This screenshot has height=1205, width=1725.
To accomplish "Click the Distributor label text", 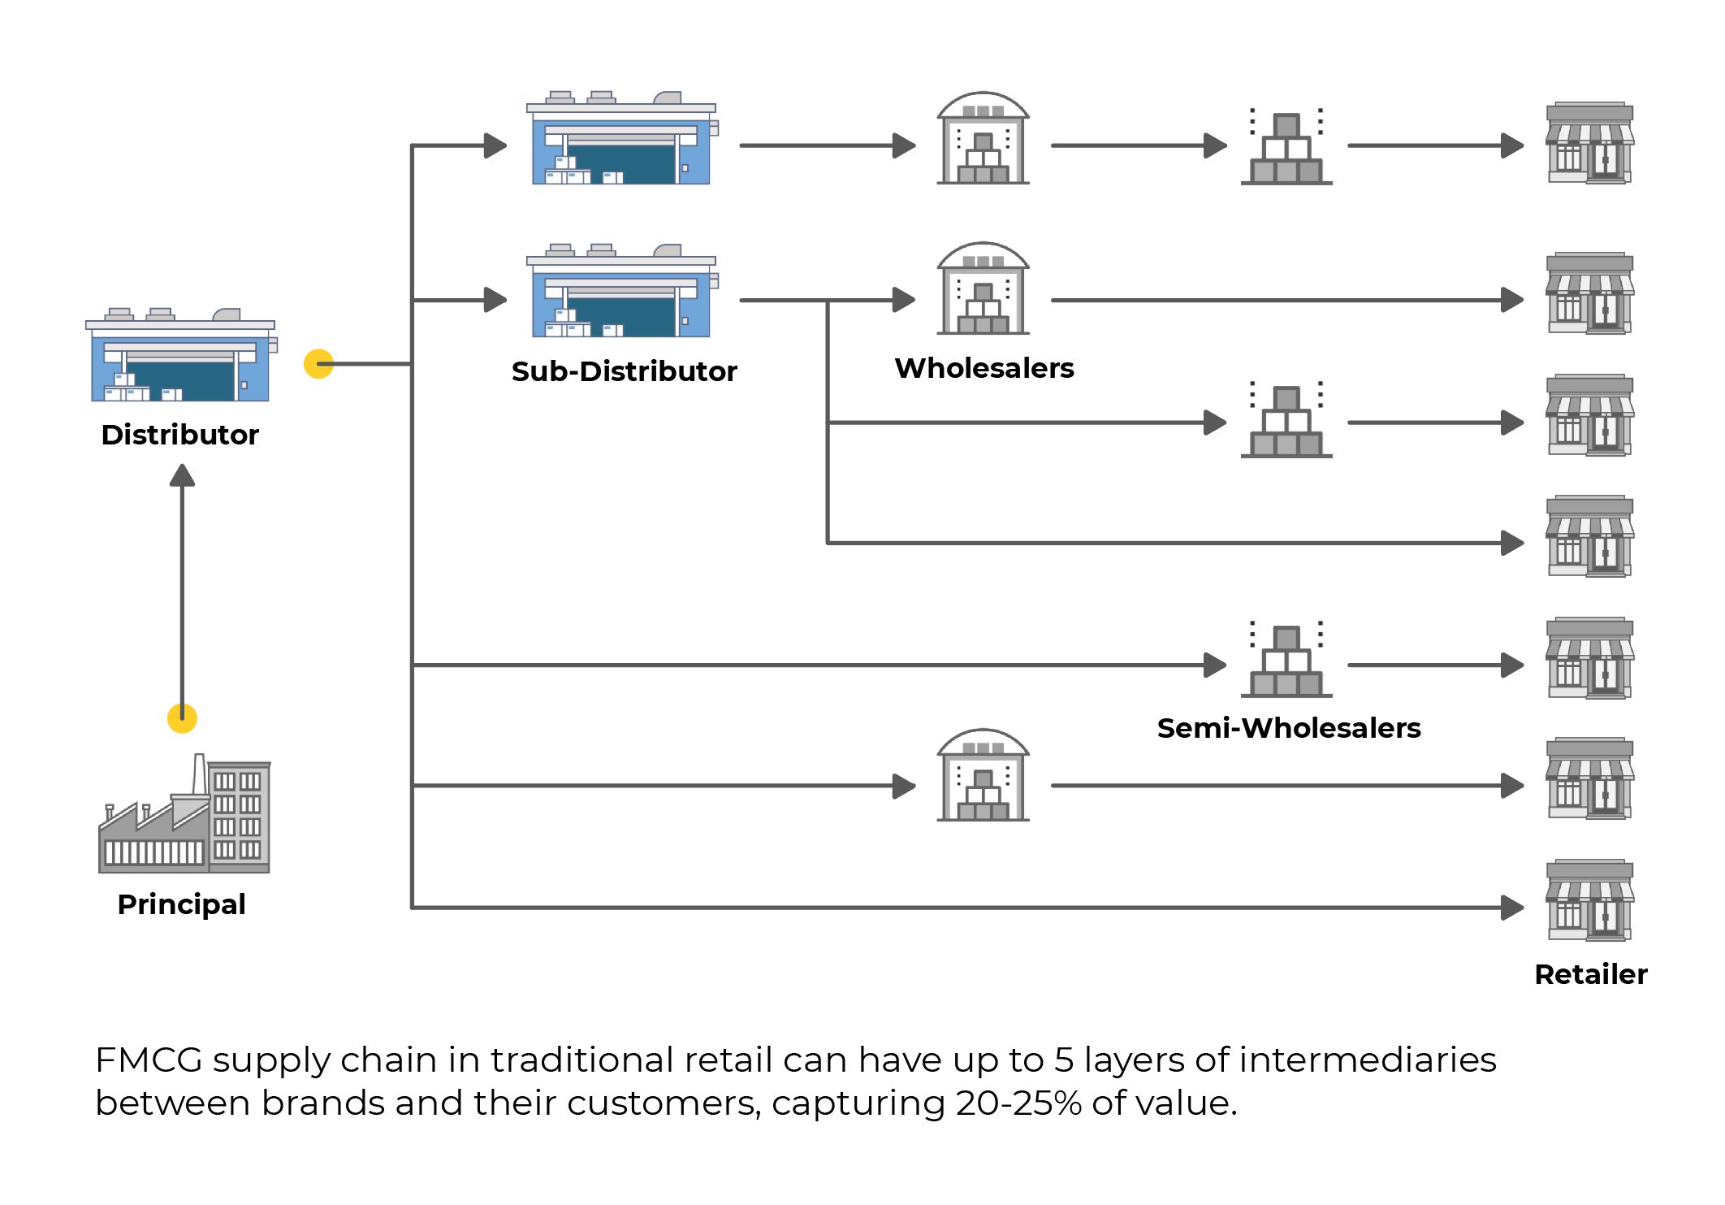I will [179, 435].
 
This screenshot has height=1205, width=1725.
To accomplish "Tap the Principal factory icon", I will [184, 815].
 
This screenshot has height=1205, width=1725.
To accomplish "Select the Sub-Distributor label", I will [624, 371].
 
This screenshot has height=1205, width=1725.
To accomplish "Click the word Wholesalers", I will [984, 368].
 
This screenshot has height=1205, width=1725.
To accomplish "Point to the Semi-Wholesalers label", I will [1288, 728].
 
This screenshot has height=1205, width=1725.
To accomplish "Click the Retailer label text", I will [1590, 974].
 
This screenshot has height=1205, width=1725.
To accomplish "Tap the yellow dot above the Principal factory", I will [182, 718].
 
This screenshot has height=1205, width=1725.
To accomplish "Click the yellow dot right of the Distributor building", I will [318, 364].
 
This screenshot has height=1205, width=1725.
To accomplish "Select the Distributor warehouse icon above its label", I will [181, 356].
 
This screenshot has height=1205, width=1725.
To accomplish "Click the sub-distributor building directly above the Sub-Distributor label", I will [622, 291].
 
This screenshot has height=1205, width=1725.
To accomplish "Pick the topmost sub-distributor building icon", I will [622, 139].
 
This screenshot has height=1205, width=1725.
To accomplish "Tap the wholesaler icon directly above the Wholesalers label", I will [983, 288].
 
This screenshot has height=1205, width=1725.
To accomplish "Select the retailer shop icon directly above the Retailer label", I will [1589, 900].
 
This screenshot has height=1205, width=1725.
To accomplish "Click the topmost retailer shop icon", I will [1589, 143].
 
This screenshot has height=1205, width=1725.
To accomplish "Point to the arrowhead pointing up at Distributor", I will [182, 475].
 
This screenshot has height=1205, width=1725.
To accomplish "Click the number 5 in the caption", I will [1064, 1060].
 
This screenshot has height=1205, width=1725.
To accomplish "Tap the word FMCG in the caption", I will [149, 1060].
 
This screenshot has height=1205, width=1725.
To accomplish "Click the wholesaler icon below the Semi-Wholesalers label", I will [983, 776].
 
